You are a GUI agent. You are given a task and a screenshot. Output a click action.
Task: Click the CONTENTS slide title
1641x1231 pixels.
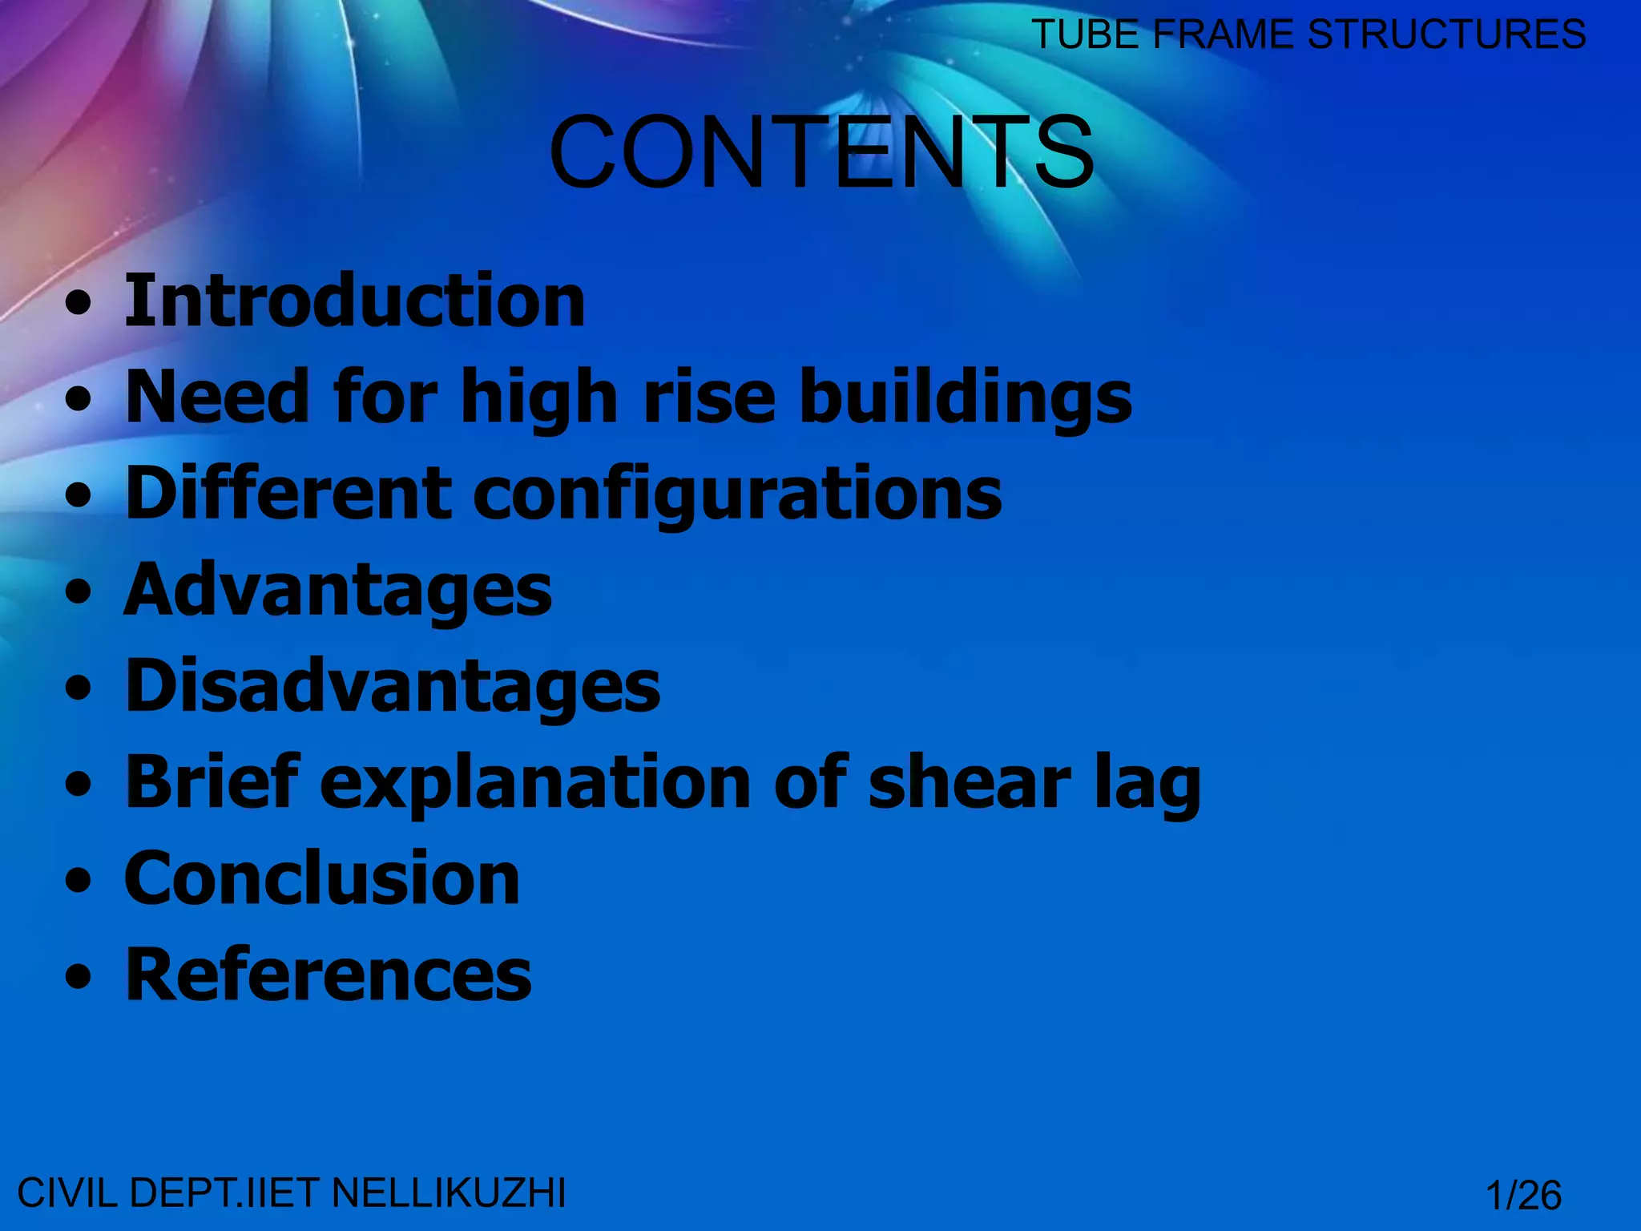[821, 151]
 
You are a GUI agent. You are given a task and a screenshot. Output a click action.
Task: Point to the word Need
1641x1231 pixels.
[217, 397]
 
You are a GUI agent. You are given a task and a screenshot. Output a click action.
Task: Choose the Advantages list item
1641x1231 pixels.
[338, 591]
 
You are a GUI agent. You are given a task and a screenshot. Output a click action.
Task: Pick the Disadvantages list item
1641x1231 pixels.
[393, 687]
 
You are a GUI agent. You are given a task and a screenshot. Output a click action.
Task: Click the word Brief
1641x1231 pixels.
[212, 782]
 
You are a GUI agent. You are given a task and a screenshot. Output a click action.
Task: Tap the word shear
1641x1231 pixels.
[970, 784]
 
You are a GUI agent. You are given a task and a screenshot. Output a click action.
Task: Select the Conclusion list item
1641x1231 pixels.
[322, 879]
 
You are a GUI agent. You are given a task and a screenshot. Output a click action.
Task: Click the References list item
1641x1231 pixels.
[329, 975]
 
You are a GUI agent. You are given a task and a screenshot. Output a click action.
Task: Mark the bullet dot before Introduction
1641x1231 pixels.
[79, 305]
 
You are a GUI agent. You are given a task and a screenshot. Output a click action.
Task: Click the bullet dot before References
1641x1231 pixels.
[79, 979]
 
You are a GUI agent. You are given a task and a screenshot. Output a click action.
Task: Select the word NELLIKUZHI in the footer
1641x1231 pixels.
[449, 1193]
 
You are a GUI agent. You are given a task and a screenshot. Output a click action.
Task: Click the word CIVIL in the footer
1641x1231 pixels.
[68, 1193]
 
